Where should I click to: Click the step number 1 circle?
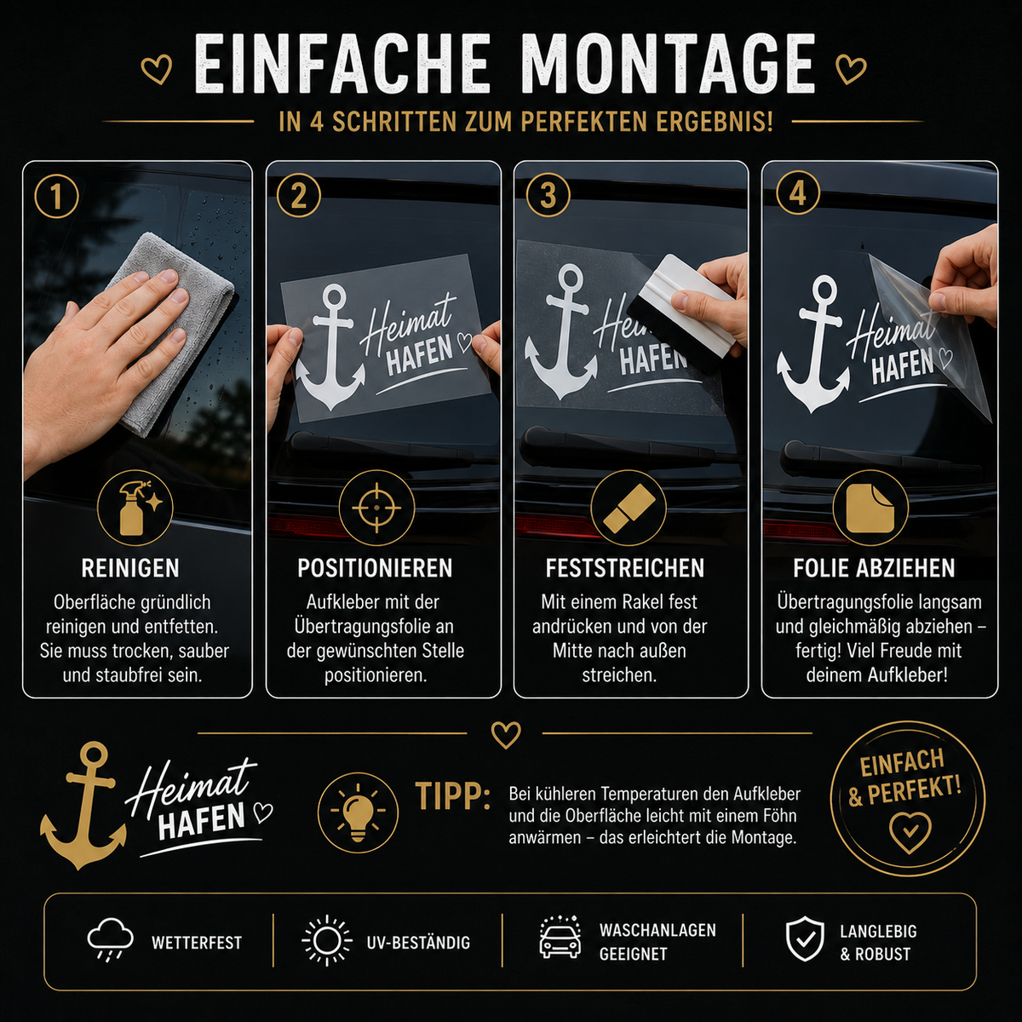tap(56, 196)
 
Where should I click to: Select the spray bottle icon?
tap(135, 508)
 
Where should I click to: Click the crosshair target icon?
tap(376, 508)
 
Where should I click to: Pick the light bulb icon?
tap(358, 812)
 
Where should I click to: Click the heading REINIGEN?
tap(130, 569)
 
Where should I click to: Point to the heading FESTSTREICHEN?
tap(625, 569)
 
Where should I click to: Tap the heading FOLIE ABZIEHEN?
tap(874, 569)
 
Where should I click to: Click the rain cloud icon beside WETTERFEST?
tap(111, 943)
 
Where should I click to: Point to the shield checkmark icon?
tap(806, 943)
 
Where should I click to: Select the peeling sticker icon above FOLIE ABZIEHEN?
tap(870, 508)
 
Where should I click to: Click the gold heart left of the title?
tap(157, 69)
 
